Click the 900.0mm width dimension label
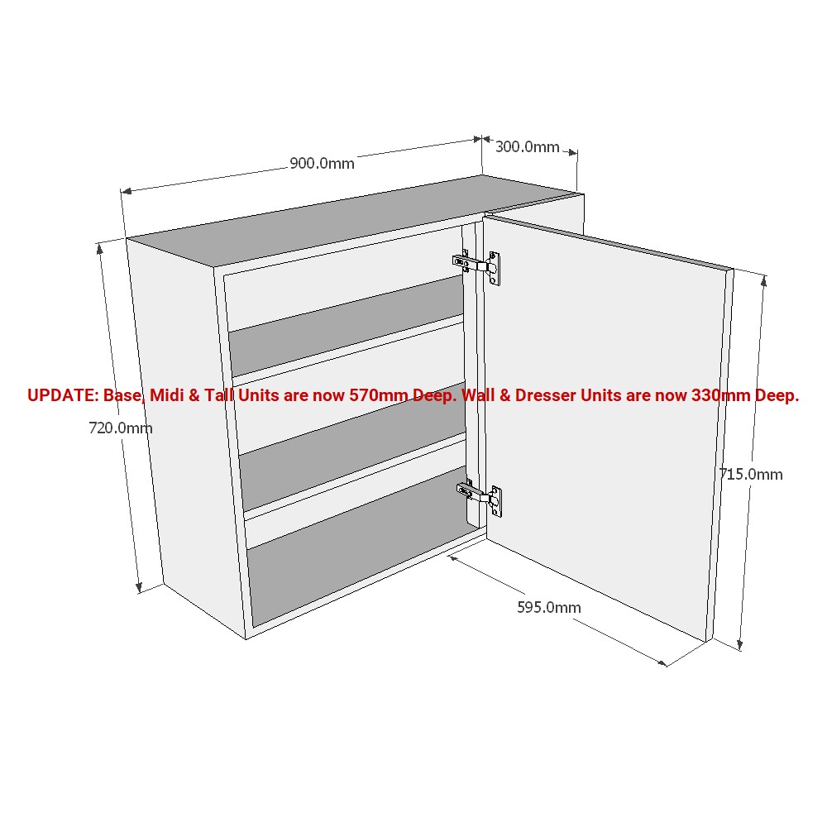322,164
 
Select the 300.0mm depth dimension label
528,147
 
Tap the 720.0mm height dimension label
121,428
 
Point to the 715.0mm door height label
751,474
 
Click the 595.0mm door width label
549,608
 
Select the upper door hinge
477,265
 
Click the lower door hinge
480,496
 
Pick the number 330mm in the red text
721,395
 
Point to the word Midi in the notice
167,395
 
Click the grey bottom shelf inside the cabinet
359,548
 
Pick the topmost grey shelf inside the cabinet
346,327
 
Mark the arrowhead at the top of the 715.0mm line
764,281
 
